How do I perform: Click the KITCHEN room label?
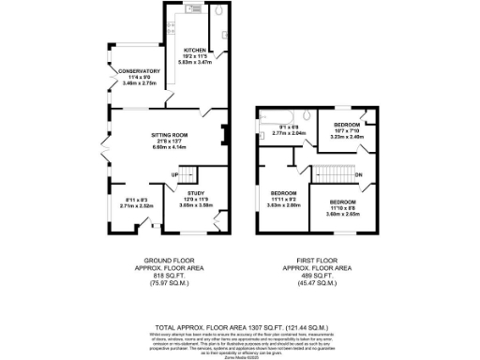click(x=195, y=51)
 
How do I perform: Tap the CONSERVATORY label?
click(x=139, y=71)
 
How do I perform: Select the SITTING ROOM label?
click(x=171, y=135)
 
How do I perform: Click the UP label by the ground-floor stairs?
click(x=174, y=175)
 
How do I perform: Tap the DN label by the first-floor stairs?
click(x=359, y=174)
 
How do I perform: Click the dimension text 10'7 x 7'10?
click(x=348, y=130)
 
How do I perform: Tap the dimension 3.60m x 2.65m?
click(x=342, y=213)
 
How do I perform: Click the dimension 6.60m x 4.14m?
click(x=171, y=147)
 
